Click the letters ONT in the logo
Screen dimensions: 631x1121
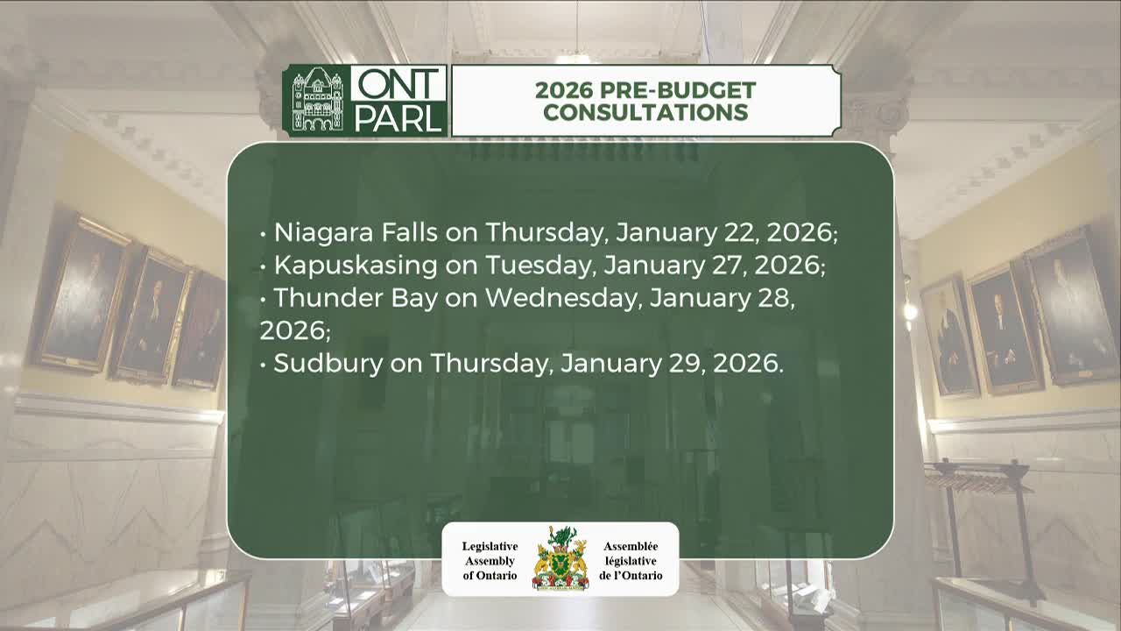point(398,85)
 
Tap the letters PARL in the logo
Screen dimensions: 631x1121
point(398,117)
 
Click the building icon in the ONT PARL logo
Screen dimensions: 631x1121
point(317,101)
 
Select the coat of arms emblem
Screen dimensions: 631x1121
point(560,558)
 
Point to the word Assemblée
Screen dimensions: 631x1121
point(631,546)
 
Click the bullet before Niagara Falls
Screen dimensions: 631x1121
point(264,235)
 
